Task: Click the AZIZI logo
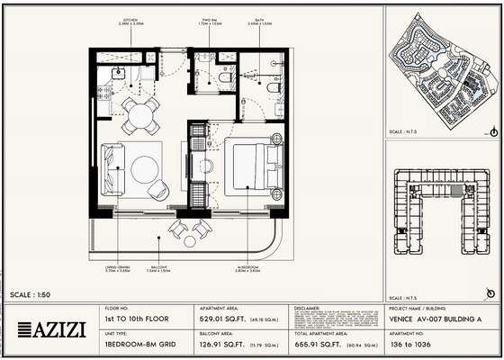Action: click(52, 328)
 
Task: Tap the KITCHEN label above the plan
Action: click(130, 19)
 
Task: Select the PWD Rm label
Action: click(210, 19)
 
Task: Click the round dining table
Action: click(140, 113)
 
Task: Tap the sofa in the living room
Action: click(112, 169)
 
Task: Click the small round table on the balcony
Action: click(190, 240)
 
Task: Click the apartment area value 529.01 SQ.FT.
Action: click(226, 319)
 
